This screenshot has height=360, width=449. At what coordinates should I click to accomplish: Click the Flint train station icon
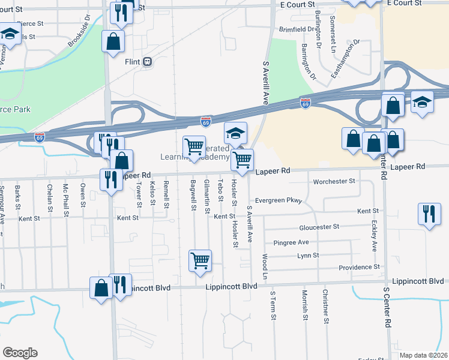147,62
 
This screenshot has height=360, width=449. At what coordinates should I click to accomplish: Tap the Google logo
20,352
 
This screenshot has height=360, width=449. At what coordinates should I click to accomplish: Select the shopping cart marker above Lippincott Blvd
200,260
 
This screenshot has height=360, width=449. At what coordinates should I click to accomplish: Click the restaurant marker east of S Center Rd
429,214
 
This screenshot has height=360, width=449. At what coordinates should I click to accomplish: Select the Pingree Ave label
291,242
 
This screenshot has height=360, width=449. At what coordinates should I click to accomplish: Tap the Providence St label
359,267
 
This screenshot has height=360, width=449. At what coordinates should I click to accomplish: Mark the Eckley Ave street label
374,238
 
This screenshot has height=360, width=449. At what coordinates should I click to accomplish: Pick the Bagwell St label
193,195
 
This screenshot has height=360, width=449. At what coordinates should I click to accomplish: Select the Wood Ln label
265,265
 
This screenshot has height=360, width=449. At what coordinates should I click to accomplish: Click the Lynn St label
308,256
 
